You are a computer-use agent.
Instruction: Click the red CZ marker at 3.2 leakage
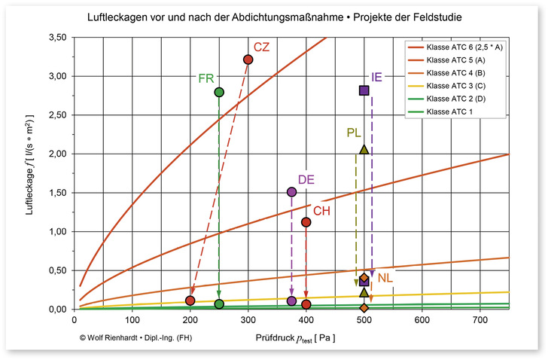tap(248, 59)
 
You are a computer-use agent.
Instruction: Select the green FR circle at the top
tap(219, 92)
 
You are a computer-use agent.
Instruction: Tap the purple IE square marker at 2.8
tap(364, 90)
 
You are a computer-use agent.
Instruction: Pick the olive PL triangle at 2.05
tap(364, 149)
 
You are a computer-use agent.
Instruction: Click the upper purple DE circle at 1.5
tap(292, 192)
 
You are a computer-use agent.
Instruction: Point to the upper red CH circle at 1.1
tap(306, 222)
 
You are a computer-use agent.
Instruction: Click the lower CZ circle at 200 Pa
tap(190, 301)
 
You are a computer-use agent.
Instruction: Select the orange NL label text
tap(385, 279)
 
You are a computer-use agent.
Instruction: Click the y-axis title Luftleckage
tap(31, 172)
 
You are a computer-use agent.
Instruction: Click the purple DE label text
tap(306, 179)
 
